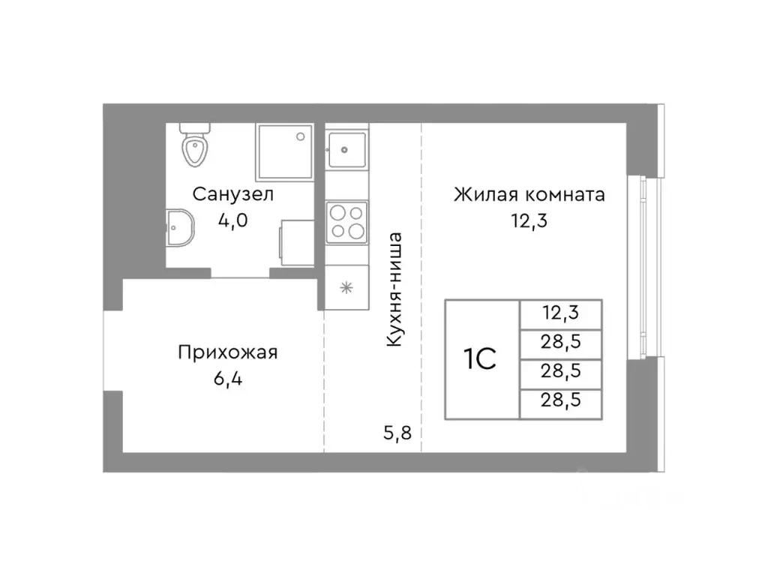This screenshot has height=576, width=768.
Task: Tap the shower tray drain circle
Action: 300,136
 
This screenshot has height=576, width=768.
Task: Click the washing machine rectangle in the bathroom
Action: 297,242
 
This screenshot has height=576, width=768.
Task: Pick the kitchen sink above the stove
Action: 347,149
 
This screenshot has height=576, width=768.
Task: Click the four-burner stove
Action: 346,220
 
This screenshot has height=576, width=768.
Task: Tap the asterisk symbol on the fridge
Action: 346,286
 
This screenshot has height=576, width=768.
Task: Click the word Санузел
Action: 233,194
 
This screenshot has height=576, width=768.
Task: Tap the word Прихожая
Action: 228,352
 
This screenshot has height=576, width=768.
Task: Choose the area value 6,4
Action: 228,378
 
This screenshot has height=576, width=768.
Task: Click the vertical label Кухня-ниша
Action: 396,289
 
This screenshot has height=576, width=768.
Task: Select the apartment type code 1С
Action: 481,359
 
